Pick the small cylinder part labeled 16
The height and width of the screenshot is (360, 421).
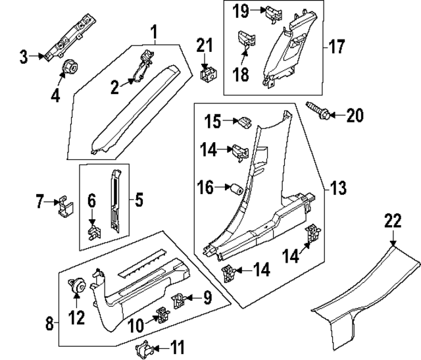click(x=233, y=189)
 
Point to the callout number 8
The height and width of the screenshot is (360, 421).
click(x=49, y=323)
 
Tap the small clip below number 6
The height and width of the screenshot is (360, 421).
click(x=93, y=231)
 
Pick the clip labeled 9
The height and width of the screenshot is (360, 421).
click(x=179, y=301)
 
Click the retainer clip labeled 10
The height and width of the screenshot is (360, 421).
click(x=160, y=317)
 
